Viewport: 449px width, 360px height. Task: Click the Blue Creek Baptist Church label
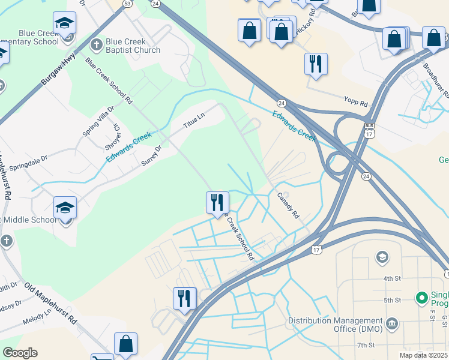click(x=133, y=46)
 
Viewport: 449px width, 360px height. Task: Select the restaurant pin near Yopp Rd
click(x=316, y=64)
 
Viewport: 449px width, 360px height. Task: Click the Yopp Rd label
click(x=355, y=102)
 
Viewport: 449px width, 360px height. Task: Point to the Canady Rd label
click(x=288, y=205)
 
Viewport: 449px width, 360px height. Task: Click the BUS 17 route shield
click(x=369, y=131)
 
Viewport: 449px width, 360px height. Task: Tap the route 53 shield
click(x=127, y=3)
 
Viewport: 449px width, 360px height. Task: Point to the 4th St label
click(x=391, y=278)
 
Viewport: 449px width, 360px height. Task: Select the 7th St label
click(x=365, y=345)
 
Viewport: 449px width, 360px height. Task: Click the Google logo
click(x=20, y=353)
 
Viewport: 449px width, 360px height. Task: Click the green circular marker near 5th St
click(x=421, y=297)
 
